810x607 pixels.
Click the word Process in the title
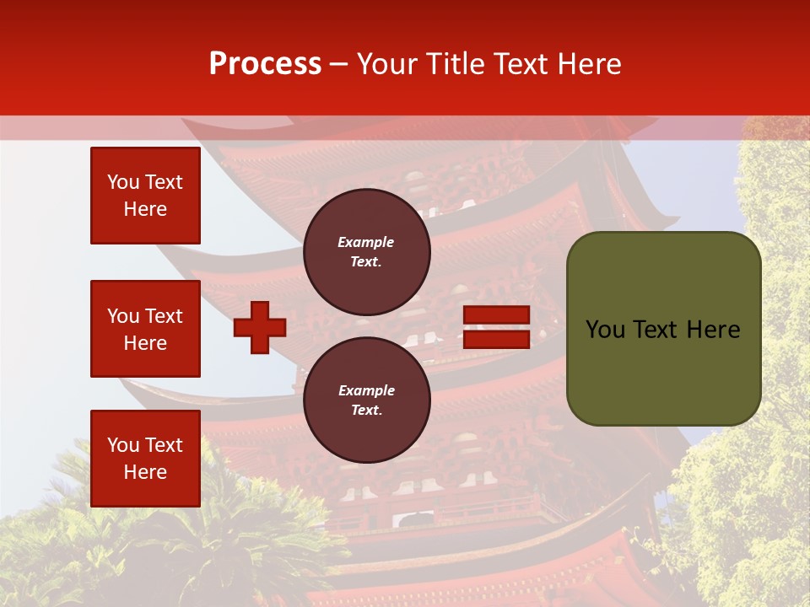pyautogui.click(x=265, y=64)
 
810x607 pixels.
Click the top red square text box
pyautogui.click(x=145, y=196)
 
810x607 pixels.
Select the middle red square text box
pyautogui.click(x=145, y=329)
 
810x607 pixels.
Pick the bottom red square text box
pyautogui.click(x=145, y=459)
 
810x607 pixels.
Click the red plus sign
pyautogui.click(x=260, y=327)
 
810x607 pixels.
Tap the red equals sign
pyautogui.click(x=496, y=327)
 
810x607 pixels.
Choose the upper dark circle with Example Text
pyautogui.click(x=366, y=252)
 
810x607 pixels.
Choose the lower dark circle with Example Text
pyautogui.click(x=366, y=400)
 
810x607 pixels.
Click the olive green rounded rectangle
pyautogui.click(x=663, y=329)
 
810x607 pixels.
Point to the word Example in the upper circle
pyautogui.click(x=366, y=242)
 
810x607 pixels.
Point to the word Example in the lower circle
pyautogui.click(x=366, y=390)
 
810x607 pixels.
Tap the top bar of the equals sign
pyautogui.click(x=496, y=315)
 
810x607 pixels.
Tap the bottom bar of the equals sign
pyautogui.click(x=496, y=339)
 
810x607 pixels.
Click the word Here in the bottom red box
pyautogui.click(x=145, y=472)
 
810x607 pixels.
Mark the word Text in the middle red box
pyautogui.click(x=164, y=316)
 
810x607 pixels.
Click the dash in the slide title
pyautogui.click(x=339, y=64)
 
